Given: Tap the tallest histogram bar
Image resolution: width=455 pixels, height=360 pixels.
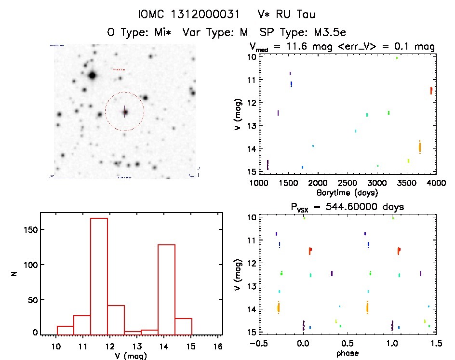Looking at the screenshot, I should click(99, 276).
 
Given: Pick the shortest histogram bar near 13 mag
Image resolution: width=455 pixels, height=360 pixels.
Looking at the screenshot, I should click(133, 333).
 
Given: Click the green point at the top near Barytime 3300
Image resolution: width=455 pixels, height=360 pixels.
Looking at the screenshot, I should click(397, 58).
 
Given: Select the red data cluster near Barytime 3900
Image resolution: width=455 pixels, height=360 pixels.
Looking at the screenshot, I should click(431, 90).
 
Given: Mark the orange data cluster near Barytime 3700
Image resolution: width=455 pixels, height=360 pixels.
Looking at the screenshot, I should click(420, 147).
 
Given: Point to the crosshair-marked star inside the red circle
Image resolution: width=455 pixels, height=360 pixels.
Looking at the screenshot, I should click(125, 112).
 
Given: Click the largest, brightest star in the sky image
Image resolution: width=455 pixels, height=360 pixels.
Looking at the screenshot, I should click(92, 75).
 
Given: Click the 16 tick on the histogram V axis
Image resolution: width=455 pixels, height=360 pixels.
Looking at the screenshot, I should click(217, 345).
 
